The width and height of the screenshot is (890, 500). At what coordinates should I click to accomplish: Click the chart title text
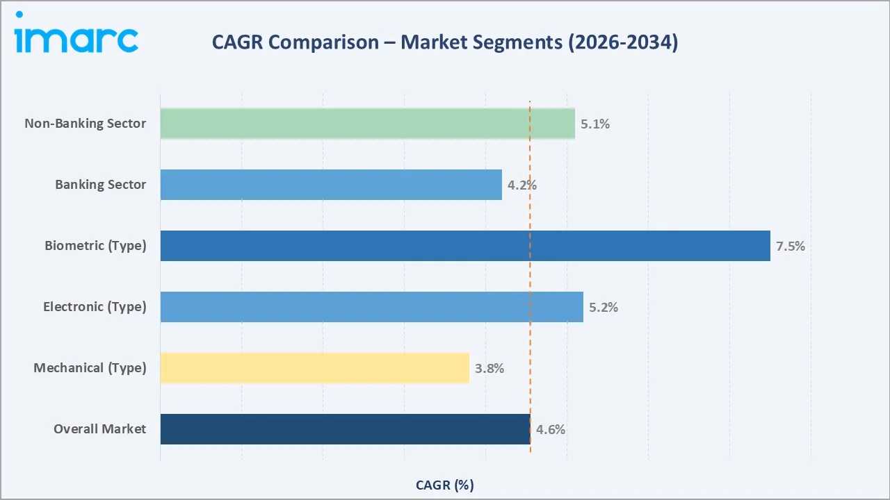point(445,42)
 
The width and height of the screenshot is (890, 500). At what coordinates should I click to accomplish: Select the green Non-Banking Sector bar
point(367,124)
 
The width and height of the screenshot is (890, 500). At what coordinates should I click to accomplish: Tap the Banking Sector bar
point(331,185)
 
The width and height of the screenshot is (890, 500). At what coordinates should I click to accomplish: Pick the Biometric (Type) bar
point(465,246)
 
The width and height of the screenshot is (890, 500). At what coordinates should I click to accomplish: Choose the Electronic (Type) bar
point(371,307)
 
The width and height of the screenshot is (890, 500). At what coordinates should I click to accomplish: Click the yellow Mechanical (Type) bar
point(314,368)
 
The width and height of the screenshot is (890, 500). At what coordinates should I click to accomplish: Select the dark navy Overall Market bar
point(345,429)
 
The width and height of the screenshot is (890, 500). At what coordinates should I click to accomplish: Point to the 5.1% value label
point(595,124)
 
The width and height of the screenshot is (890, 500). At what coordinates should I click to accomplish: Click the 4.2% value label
point(521,185)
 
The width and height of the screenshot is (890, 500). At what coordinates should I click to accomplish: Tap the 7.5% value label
point(791,247)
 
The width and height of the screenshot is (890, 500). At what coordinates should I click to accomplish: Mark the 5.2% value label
point(604,308)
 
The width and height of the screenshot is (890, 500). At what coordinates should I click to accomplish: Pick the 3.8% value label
point(489,369)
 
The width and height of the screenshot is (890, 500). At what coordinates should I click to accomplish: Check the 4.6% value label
point(551,430)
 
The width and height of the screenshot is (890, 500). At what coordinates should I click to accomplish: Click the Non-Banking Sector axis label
point(86,124)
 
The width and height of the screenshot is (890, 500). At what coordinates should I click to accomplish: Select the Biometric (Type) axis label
point(95,246)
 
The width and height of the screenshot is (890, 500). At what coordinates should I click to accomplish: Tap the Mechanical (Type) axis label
point(90,368)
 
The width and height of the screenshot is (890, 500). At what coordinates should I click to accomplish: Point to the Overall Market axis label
point(100,429)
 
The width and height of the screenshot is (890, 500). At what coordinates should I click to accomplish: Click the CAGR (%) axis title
point(444,485)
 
